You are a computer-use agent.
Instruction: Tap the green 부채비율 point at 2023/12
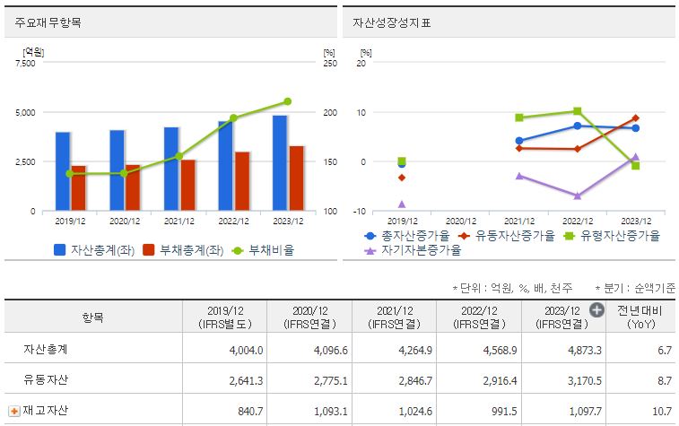(287, 101)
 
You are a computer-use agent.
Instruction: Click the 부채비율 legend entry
(264, 250)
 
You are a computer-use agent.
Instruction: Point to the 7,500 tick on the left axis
(26, 63)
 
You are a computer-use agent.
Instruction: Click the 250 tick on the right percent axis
(329, 63)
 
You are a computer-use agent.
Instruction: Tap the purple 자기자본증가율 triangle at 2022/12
(578, 195)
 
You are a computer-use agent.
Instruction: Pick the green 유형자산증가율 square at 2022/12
(578, 111)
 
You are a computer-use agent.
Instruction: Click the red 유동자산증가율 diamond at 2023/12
(635, 117)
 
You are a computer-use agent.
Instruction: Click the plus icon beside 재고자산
(13, 411)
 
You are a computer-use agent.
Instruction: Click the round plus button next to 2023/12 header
(596, 310)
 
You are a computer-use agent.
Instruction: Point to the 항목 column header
(92, 317)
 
